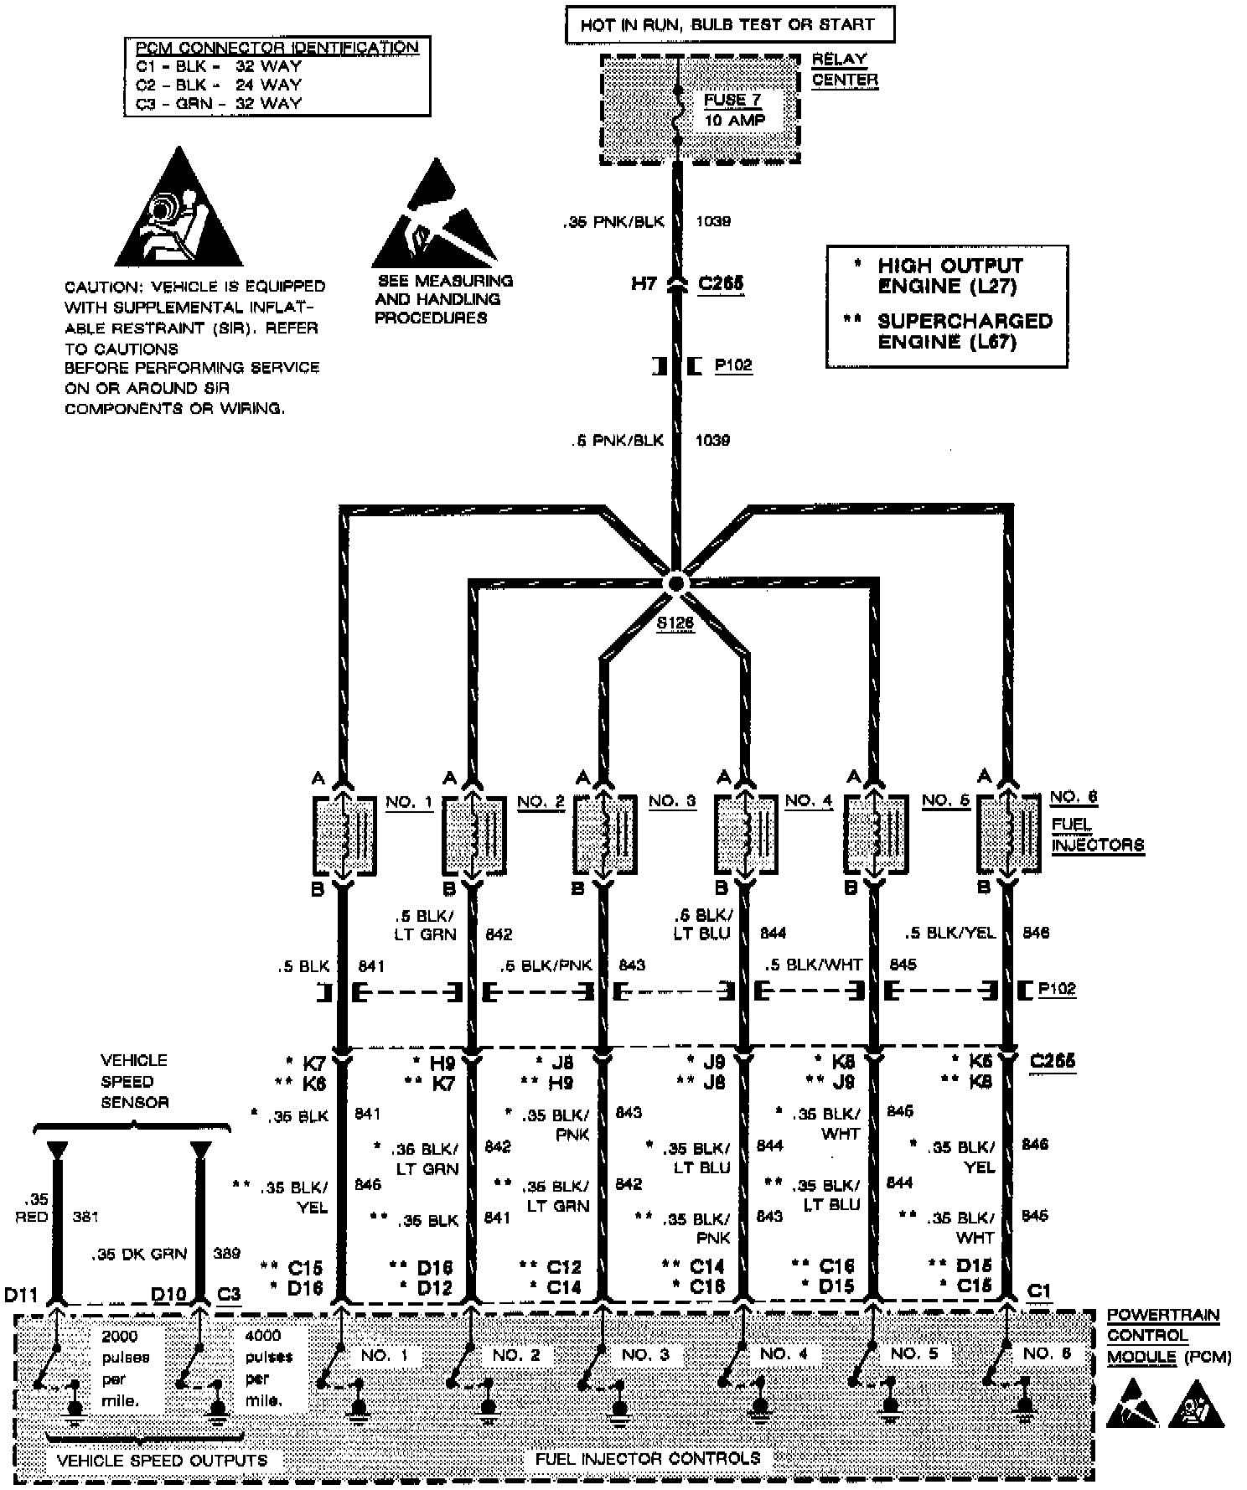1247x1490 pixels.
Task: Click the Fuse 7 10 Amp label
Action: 734,110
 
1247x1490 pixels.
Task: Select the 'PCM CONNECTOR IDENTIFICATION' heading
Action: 277,48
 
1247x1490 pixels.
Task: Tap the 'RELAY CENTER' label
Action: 844,70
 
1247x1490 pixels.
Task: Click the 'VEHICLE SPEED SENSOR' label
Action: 134,1081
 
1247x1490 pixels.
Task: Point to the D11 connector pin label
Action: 22,1295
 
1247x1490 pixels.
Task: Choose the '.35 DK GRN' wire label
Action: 139,1254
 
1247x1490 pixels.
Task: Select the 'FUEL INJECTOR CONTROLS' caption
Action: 648,1459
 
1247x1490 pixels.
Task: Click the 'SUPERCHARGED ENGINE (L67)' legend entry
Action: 964,331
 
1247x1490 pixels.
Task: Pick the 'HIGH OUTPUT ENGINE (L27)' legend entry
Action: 949,276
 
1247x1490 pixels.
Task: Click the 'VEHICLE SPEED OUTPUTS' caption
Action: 162,1460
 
